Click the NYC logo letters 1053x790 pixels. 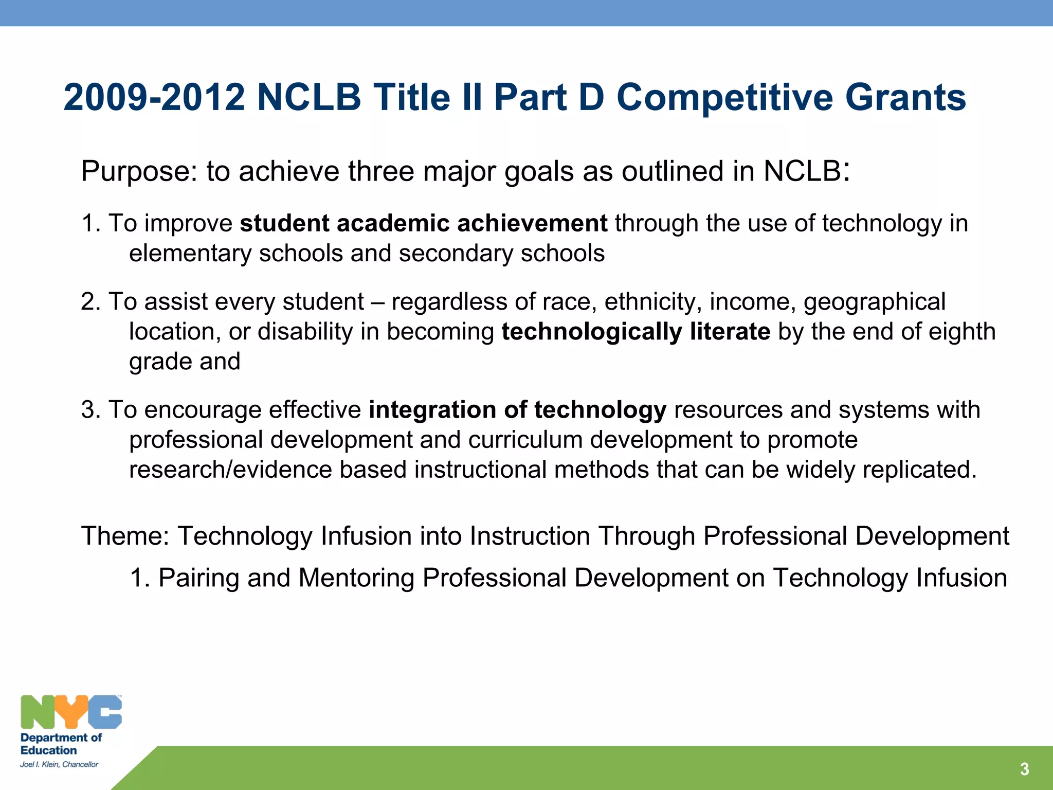71,712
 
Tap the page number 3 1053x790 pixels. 1024,769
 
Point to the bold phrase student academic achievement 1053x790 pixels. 424,223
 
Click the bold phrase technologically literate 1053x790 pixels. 636,332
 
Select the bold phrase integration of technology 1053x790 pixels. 517,410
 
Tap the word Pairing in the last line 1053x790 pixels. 199,578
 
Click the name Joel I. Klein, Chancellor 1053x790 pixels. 59,764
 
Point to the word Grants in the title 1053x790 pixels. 905,97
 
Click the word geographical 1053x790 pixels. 874,302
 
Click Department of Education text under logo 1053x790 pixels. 61,744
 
